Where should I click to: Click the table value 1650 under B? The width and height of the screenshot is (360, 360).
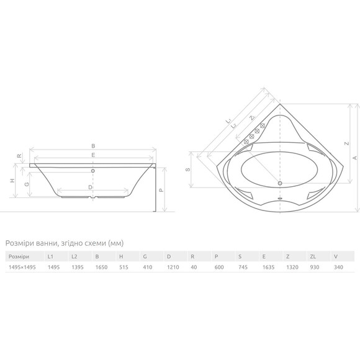click(101, 268)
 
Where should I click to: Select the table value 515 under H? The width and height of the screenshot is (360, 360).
click(124, 268)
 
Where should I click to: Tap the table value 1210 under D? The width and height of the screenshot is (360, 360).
click(173, 268)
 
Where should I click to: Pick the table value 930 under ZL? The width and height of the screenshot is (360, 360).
click(315, 268)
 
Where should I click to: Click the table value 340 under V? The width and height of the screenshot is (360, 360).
click(338, 268)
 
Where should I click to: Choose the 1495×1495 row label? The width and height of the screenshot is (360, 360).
click(22, 268)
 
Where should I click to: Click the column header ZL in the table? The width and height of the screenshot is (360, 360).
click(313, 256)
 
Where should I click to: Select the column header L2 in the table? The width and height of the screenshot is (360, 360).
click(74, 256)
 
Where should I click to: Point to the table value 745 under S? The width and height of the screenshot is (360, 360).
click(243, 268)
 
